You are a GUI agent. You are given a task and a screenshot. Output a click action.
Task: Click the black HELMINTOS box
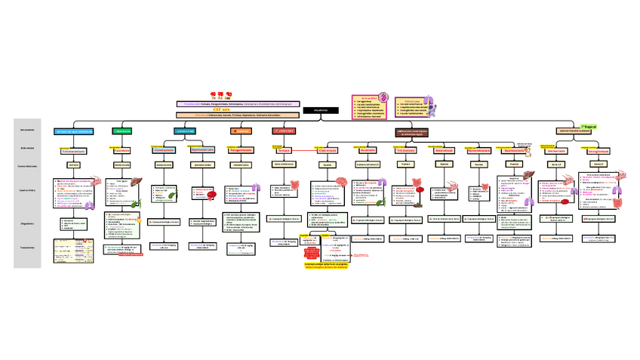click(x=320, y=110)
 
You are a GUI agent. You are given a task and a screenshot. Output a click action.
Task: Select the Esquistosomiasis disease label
click(x=73, y=151)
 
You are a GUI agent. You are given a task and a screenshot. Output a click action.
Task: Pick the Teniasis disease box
click(x=284, y=151)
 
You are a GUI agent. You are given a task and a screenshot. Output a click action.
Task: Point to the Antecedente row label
click(x=27, y=131)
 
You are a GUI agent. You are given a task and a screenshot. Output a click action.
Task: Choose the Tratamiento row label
click(x=27, y=248)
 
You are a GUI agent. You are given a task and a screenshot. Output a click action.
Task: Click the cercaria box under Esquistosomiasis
click(x=73, y=164)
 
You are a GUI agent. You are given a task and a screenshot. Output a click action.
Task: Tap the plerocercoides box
click(x=202, y=164)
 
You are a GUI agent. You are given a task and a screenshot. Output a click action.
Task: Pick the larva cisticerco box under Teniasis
click(x=284, y=164)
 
